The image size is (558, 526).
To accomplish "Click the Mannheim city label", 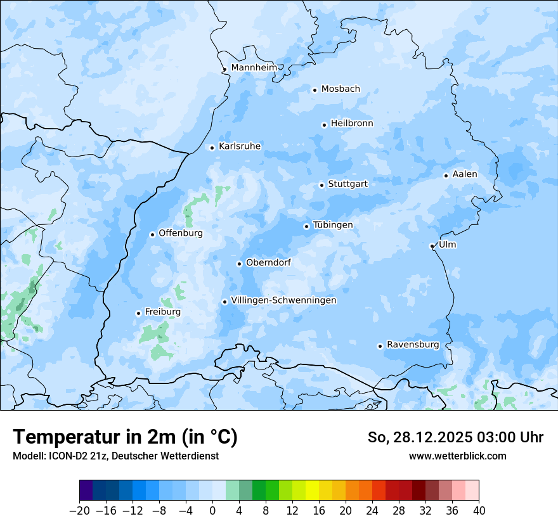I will (254, 67).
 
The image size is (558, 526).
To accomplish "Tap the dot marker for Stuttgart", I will (321, 185).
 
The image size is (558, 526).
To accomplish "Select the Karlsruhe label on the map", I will (240, 146).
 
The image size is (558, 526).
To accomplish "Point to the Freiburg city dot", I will (138, 313).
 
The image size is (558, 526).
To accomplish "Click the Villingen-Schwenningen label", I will (283, 300).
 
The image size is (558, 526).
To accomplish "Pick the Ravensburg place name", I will (413, 345).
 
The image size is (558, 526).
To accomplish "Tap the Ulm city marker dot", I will (432, 246).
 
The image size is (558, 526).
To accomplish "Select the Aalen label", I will (465, 174).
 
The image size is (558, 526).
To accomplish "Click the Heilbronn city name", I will (352, 124).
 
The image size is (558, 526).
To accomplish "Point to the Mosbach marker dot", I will (315, 90).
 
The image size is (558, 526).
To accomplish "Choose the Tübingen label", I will (333, 225).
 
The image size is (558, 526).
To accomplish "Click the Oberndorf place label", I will (268, 262).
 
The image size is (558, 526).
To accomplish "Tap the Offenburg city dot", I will (152, 234).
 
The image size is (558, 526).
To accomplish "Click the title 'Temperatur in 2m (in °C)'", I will (125, 437).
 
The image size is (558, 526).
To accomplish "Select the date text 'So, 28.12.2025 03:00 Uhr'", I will (455, 437).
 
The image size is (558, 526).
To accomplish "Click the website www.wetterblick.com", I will (457, 456).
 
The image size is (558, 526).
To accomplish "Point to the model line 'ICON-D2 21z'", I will (115, 456).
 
